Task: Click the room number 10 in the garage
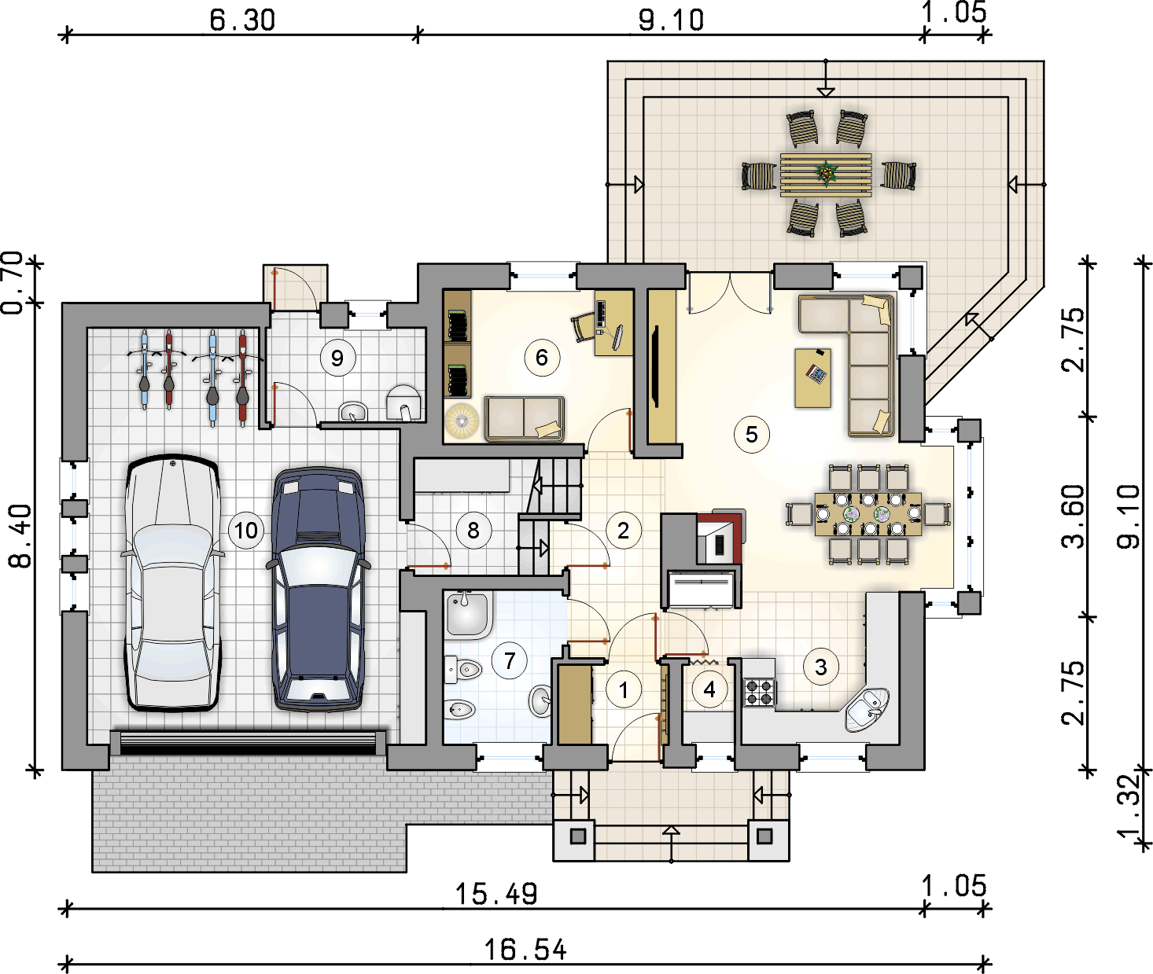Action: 246,531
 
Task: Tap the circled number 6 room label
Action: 541,358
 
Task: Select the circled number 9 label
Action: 337,358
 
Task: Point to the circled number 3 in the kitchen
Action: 821,667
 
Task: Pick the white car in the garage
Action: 173,582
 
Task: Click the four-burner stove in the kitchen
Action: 759,691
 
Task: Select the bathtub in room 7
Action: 467,615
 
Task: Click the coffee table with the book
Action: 813,377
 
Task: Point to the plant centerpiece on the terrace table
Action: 827,174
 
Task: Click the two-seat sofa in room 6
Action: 524,417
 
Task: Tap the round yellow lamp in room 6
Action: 462,421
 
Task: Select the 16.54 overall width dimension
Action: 525,950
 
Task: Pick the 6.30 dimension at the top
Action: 242,20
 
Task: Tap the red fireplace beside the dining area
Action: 720,538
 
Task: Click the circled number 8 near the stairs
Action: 473,531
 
